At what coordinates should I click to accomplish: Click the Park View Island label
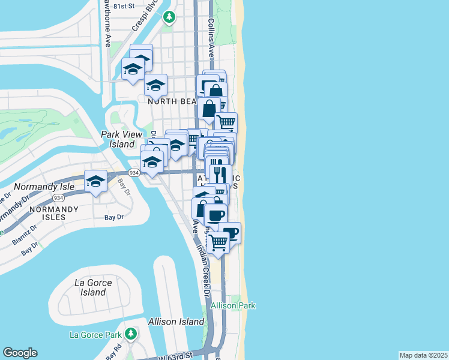(118, 139)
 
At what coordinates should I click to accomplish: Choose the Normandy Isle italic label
(44, 187)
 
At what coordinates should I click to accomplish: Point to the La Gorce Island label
(89, 287)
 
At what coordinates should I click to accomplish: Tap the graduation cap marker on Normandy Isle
(95, 182)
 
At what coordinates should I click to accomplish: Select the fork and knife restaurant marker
(218, 173)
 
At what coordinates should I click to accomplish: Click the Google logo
(20, 353)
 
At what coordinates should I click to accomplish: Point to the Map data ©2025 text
(423, 355)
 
